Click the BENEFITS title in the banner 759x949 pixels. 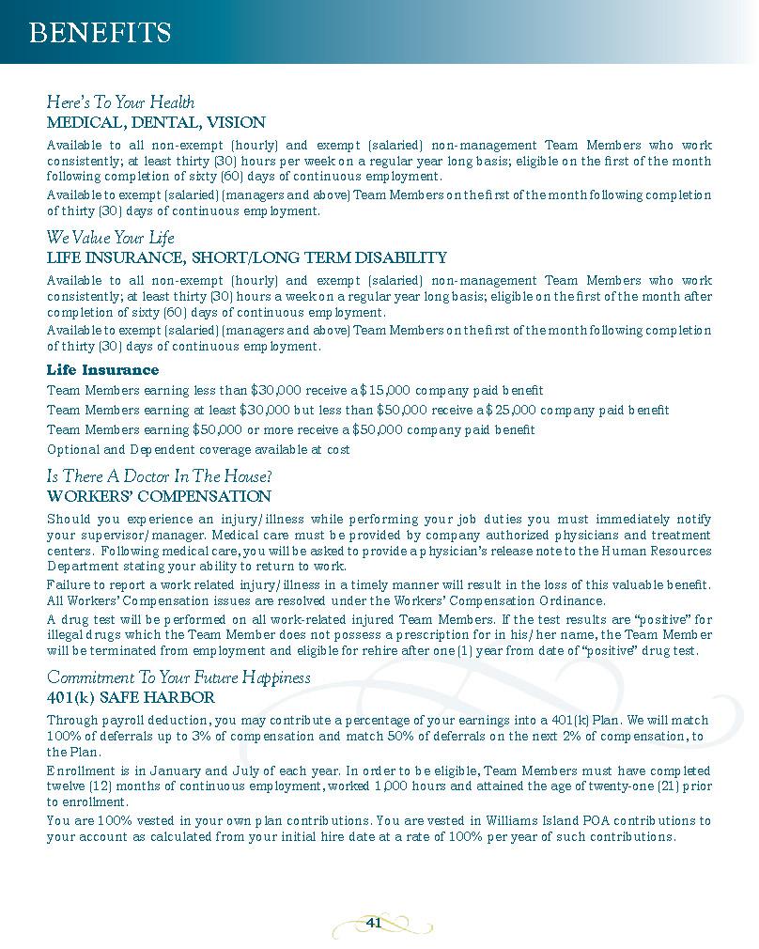pos(100,34)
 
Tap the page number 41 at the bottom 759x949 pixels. pos(373,923)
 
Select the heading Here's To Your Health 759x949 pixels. pos(120,102)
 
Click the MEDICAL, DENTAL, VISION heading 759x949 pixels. pos(156,122)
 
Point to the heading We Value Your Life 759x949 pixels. pos(111,238)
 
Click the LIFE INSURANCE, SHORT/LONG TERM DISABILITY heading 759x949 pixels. pos(246,257)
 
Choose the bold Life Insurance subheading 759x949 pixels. pos(102,370)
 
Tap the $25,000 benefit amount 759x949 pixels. pos(512,411)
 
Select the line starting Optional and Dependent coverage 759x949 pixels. pos(198,450)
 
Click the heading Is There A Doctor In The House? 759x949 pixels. pos(160,476)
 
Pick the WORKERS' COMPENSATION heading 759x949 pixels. pos(159,496)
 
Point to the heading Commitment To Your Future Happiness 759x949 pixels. pos(178,677)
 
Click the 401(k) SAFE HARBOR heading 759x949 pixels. pos(131,697)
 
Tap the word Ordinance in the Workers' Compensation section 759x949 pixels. pos(572,601)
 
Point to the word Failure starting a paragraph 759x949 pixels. pos(69,585)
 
